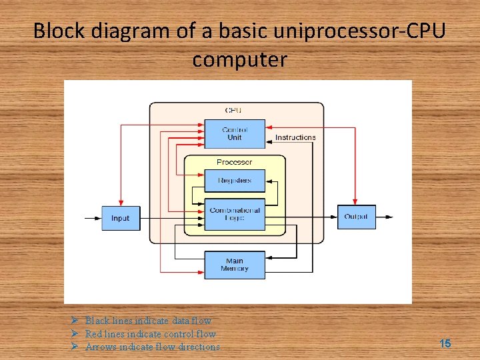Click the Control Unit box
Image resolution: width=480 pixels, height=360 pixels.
(x=234, y=133)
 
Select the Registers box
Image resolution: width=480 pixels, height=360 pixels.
(x=234, y=181)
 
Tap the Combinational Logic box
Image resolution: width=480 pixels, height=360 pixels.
(x=234, y=215)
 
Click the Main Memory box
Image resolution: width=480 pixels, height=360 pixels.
(x=234, y=265)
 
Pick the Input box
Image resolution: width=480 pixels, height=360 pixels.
(x=121, y=218)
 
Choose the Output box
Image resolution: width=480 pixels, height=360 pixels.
(x=356, y=217)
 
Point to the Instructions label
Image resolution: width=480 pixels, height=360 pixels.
(x=295, y=137)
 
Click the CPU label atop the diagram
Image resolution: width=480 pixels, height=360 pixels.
(x=233, y=110)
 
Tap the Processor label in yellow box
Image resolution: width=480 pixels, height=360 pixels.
(x=234, y=162)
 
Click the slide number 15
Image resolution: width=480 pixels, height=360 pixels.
(x=445, y=343)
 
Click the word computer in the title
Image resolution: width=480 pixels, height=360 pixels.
(x=239, y=59)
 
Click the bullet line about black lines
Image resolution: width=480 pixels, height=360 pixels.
(x=148, y=321)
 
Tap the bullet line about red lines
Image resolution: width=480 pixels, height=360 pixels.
(x=151, y=334)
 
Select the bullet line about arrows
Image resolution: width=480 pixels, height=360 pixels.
(x=153, y=347)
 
